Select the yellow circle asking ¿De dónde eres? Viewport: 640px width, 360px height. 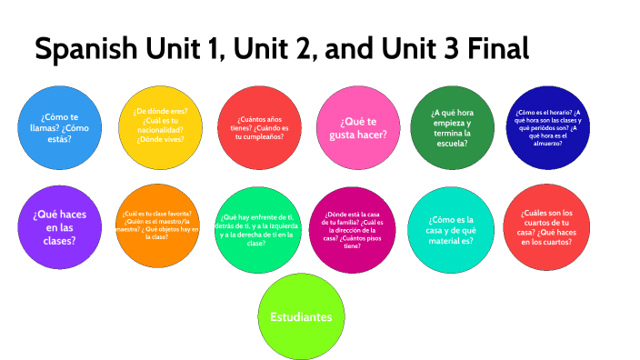[158, 126]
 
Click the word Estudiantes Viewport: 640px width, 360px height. [301, 317]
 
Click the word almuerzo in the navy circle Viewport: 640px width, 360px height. [552, 144]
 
